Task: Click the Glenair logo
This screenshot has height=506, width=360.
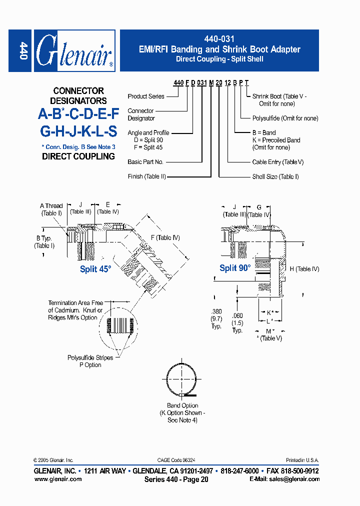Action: pyautogui.click(x=74, y=50)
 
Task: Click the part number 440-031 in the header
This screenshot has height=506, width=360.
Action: pyautogui.click(x=219, y=39)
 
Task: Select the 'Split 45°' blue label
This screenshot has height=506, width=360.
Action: pyautogui.click(x=95, y=269)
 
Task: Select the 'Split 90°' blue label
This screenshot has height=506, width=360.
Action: pyautogui.click(x=235, y=268)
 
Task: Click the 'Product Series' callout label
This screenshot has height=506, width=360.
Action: pyautogui.click(x=146, y=96)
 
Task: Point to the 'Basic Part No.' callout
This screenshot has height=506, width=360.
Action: pyautogui.click(x=145, y=162)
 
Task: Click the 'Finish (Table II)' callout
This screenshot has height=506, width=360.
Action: pyautogui.click(x=146, y=176)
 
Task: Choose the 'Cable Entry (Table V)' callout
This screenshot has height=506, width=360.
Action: pyautogui.click(x=277, y=162)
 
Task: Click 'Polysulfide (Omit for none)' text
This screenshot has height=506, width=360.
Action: pyautogui.click(x=285, y=118)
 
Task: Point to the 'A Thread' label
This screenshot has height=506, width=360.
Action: pyautogui.click(x=51, y=205)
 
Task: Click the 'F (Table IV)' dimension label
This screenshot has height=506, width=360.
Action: pyautogui.click(x=165, y=237)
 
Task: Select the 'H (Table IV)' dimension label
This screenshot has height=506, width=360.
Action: pyautogui.click(x=304, y=269)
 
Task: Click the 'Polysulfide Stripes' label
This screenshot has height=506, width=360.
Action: pyautogui.click(x=90, y=357)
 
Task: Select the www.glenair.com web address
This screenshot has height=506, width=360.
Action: pyautogui.click(x=57, y=479)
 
